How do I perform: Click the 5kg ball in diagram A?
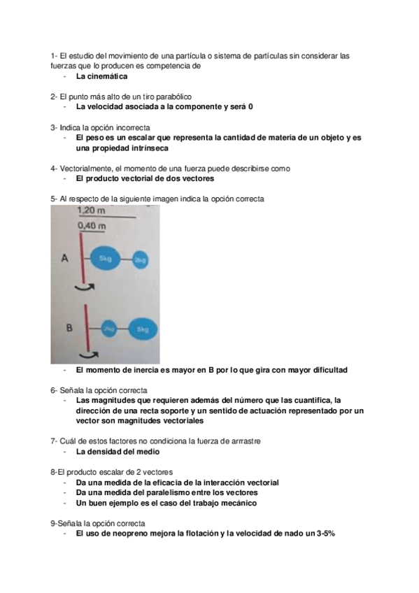click(x=111, y=259)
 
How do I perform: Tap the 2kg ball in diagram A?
click(x=142, y=259)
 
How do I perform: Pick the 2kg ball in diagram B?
click(x=109, y=327)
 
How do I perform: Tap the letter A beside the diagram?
click(x=64, y=258)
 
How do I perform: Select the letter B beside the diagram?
click(x=69, y=327)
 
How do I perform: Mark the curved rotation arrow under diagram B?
click(x=89, y=355)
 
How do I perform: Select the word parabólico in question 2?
click(x=171, y=95)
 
